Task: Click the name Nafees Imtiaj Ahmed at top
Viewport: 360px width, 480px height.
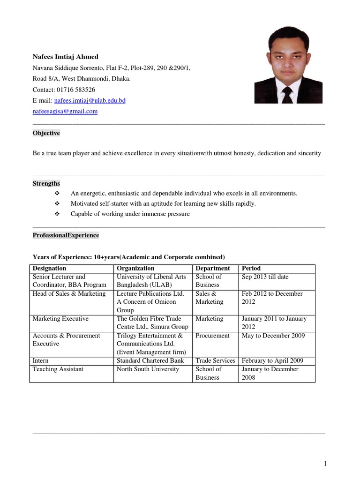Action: [x=65, y=57]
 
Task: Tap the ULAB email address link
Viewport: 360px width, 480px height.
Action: [x=90, y=100]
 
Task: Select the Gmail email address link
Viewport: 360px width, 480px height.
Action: [x=65, y=111]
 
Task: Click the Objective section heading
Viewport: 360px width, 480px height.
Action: [x=46, y=133]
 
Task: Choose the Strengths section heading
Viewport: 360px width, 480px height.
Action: [x=46, y=183]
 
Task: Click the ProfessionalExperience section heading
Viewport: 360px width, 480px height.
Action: [x=66, y=235]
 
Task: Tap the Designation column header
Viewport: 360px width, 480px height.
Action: [x=49, y=269]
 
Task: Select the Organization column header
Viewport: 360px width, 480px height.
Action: [x=135, y=269]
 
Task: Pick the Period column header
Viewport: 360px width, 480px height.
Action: [x=251, y=269]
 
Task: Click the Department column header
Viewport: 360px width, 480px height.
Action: [x=212, y=269]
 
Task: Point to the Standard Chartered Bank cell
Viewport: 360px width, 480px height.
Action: [x=150, y=361]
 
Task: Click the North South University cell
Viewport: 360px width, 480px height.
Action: [x=148, y=369]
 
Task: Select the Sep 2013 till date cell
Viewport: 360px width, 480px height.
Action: [x=265, y=277]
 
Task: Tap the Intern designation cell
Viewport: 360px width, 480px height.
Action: [x=40, y=361]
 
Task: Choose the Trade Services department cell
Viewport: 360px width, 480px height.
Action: [x=215, y=361]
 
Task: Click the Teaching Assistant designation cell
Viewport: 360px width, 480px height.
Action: [x=58, y=369]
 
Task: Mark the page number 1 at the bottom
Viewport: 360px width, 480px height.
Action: [x=325, y=464]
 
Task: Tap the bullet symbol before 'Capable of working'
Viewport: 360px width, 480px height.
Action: [x=58, y=214]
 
